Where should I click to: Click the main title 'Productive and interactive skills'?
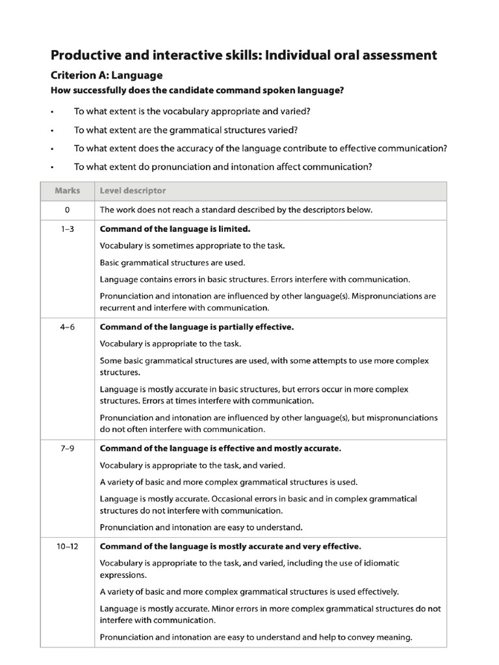pyautogui.click(x=244, y=55)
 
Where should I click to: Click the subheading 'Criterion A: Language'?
pyautogui.click(x=107, y=75)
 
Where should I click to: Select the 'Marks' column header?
pyautogui.click(x=68, y=191)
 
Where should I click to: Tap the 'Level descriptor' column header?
pyautogui.click(x=133, y=191)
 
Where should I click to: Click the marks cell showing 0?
pyautogui.click(x=68, y=210)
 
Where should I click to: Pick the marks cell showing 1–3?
pyautogui.click(x=68, y=229)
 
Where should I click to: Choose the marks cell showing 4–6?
pyautogui.click(x=68, y=327)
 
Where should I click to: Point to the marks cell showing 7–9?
pyautogui.click(x=68, y=449)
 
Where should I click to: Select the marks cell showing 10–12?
pyautogui.click(x=68, y=546)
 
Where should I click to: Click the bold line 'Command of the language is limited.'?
pyautogui.click(x=175, y=229)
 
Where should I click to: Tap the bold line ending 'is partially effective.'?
pyautogui.click(x=197, y=327)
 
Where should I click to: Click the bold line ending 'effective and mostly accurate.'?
pyautogui.click(x=220, y=449)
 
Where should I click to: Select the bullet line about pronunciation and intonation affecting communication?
pyautogui.click(x=223, y=167)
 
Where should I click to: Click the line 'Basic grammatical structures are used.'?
pyautogui.click(x=172, y=263)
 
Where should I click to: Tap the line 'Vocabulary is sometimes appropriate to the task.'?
pyautogui.click(x=192, y=246)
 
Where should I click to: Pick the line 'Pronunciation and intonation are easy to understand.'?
pyautogui.click(x=201, y=527)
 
